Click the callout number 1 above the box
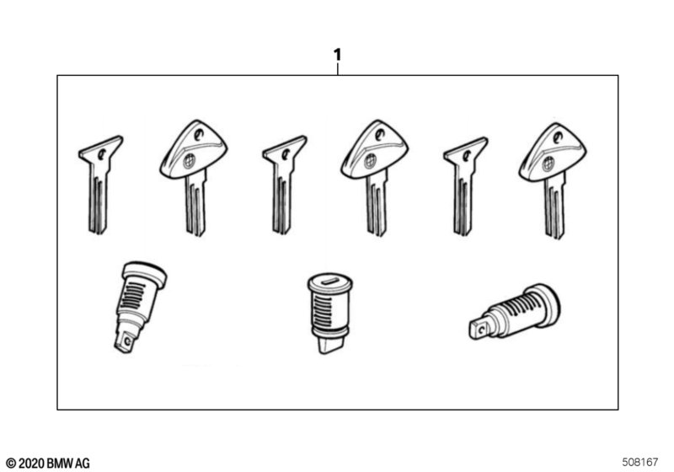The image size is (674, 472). coord(338,55)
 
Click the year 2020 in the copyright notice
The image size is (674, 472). coord(31,463)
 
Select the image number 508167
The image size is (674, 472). coord(640,462)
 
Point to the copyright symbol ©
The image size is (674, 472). coord(11,464)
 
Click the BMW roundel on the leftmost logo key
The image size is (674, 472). coord(189,161)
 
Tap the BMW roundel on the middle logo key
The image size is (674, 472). coord(370,161)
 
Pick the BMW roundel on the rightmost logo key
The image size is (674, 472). coord(548,164)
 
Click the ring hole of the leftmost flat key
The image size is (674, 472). coord(101,154)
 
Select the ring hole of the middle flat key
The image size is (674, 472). coord(286,153)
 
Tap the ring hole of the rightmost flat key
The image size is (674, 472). coord(467,155)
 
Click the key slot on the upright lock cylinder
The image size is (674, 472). coord(330,282)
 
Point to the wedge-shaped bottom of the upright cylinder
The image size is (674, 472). coord(330,344)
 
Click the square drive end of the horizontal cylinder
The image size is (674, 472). coord(479,329)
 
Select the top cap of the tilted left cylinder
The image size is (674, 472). coord(145,274)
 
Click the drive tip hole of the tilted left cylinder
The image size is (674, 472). coord(127,341)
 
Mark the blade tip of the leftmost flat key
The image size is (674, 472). coord(99,231)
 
